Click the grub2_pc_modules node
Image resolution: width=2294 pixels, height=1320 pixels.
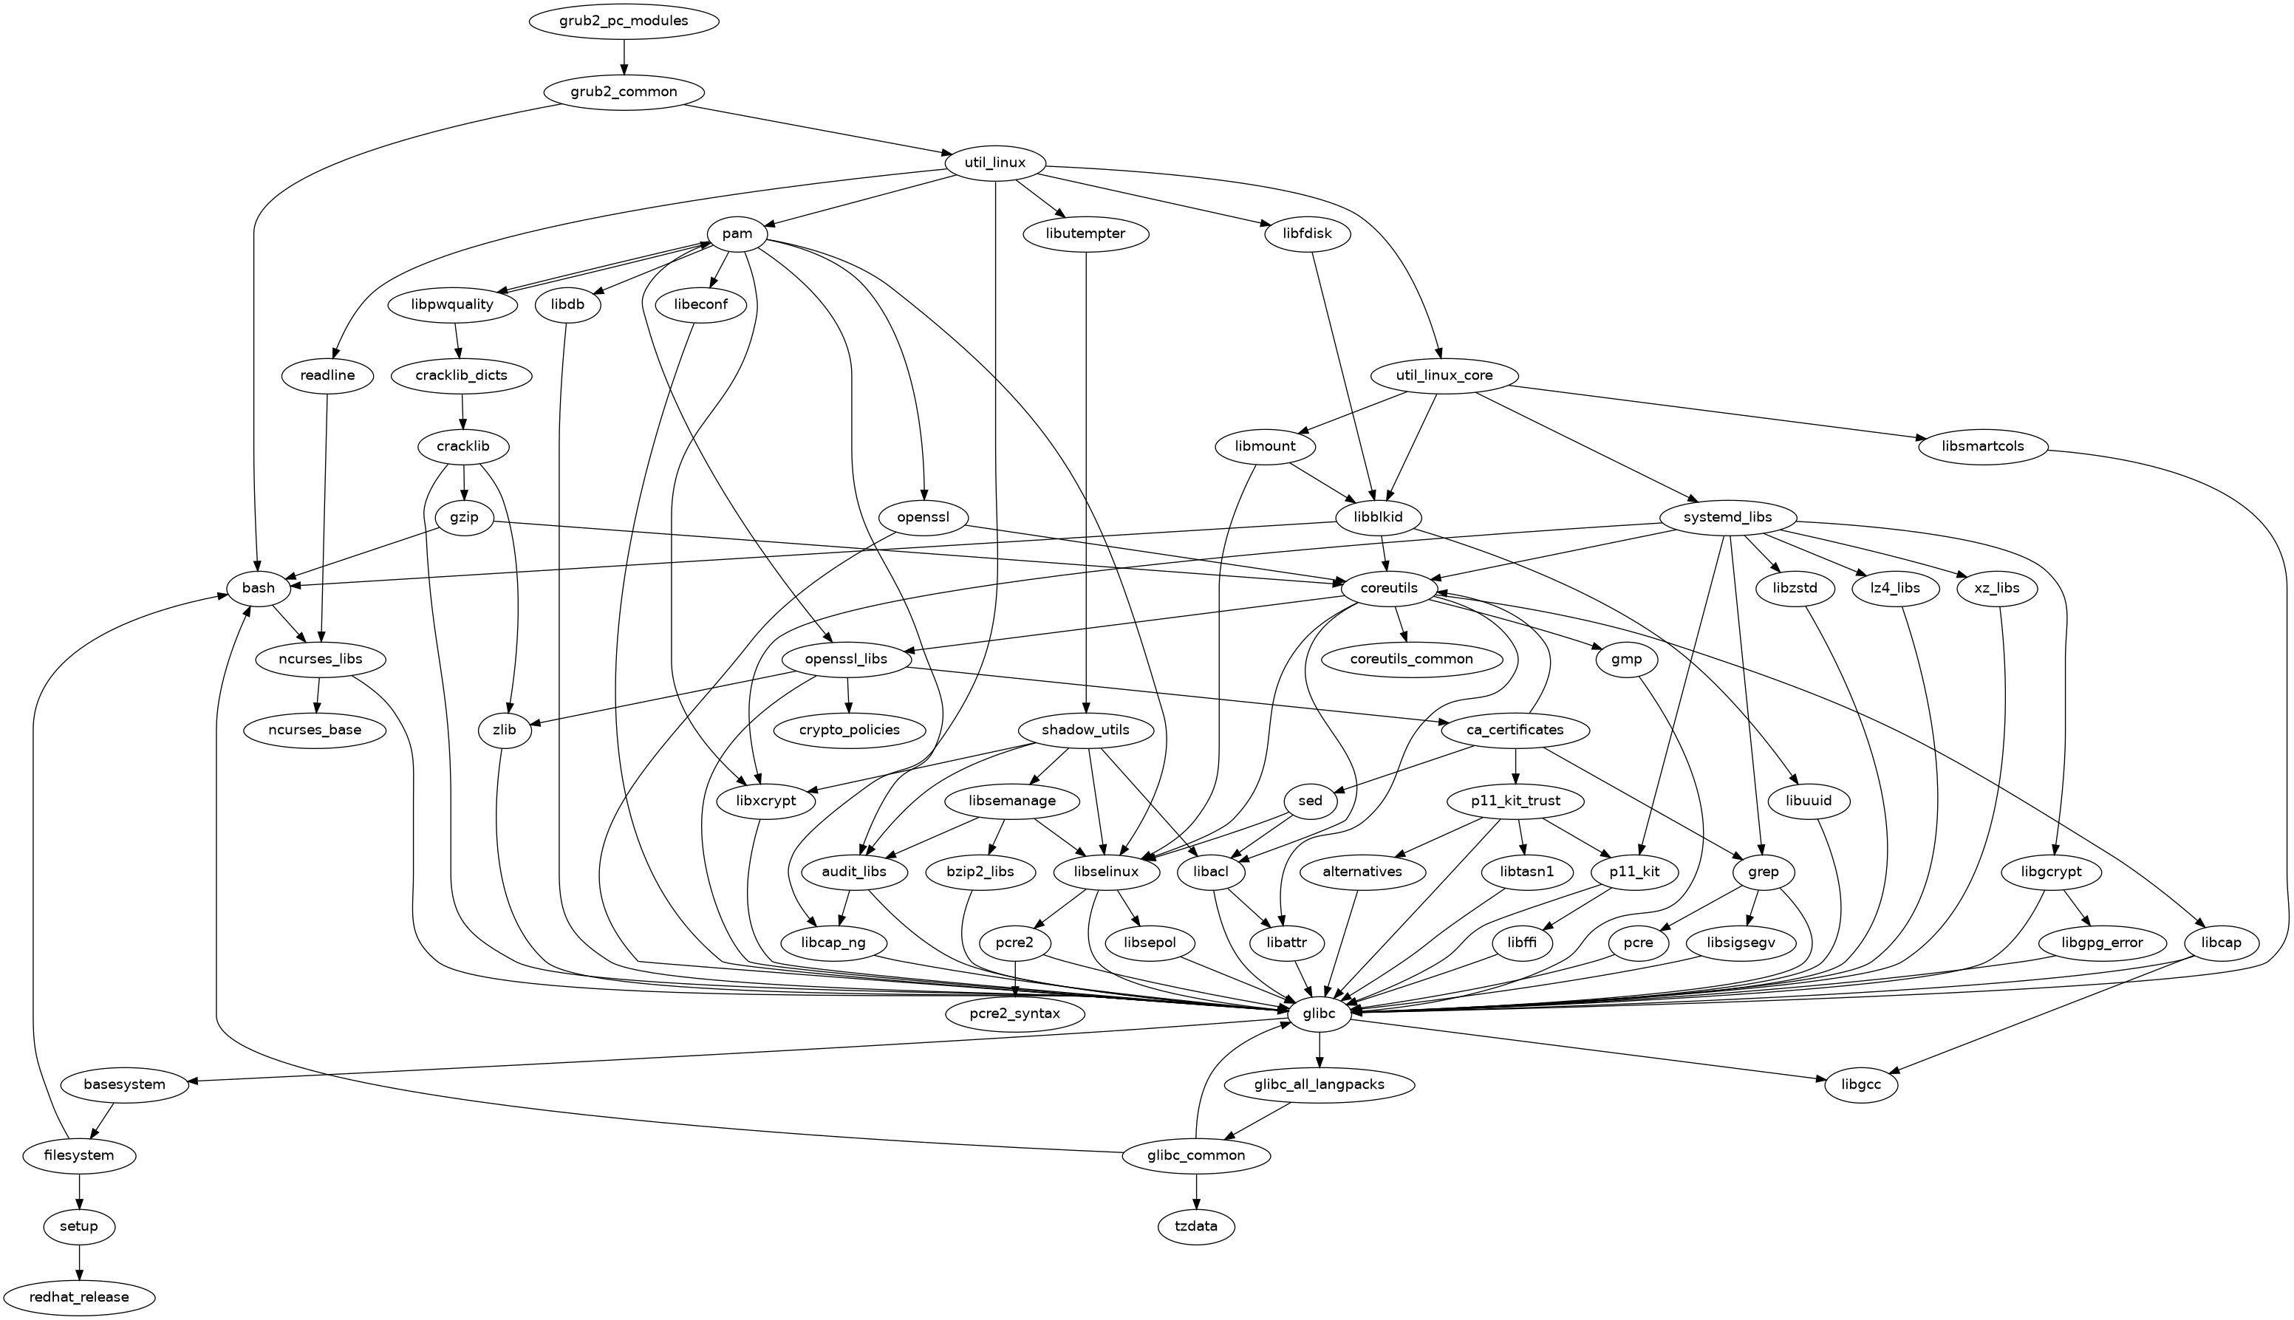(x=623, y=21)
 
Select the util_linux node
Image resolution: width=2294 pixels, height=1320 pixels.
(x=996, y=163)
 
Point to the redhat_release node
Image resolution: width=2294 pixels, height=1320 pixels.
(x=79, y=1297)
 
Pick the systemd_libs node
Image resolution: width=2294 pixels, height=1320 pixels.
(x=1727, y=518)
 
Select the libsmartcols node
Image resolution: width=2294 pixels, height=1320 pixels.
(x=1983, y=447)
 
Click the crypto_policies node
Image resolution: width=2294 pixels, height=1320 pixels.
(x=850, y=730)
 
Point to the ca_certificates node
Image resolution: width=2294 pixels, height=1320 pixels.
(x=1515, y=730)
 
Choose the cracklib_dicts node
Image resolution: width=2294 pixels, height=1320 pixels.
(x=462, y=375)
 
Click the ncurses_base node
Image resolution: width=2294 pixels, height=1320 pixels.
(x=315, y=730)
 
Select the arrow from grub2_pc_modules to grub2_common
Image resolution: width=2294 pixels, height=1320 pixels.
(x=623, y=56)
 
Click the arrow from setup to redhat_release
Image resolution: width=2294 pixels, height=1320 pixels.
(x=79, y=1262)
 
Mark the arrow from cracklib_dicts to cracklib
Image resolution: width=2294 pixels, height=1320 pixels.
(x=462, y=411)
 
